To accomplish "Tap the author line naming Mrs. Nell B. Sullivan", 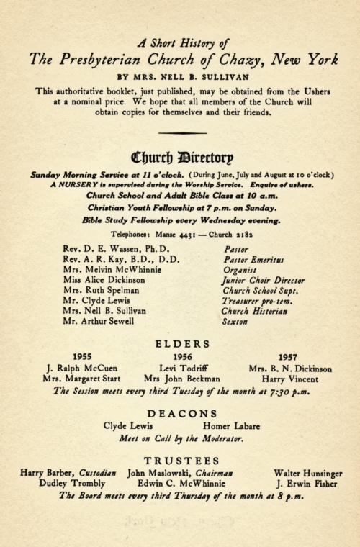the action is [x=180, y=74].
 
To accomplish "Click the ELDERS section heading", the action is [x=180, y=343].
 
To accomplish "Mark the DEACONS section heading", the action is [x=180, y=413].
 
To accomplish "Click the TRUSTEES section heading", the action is [x=180, y=460].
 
